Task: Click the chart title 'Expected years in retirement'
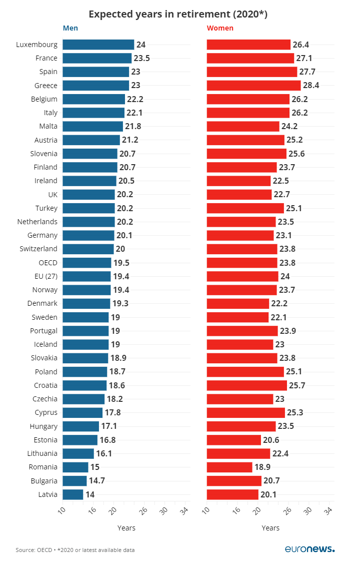pos(178,14)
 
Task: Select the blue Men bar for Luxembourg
pos(98,45)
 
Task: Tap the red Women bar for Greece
pos(253,85)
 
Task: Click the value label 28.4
pos(310,85)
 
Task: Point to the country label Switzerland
pos(38,249)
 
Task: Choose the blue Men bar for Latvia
pos(72,494)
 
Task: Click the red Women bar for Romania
pos(229,467)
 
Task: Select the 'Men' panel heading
pos(70,28)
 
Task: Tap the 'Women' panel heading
pos(220,28)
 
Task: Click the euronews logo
pos(309,549)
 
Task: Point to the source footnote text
pos(75,550)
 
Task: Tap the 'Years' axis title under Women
pos(270,528)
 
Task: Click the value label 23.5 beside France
pos(141,58)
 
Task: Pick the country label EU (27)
pos(42,276)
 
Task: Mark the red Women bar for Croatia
pos(246,385)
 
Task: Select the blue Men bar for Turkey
pos(88,208)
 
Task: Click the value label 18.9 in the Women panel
pos(262,467)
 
